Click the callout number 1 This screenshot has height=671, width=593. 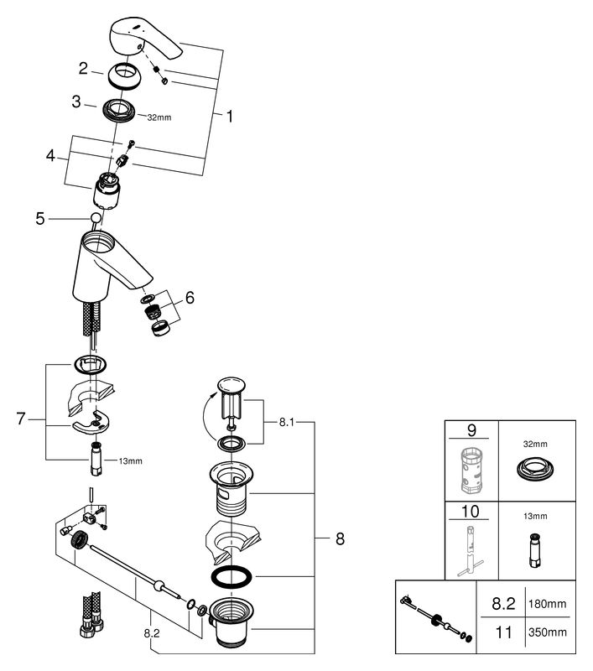pyautogui.click(x=230, y=116)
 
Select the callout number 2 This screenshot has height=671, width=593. pyautogui.click(x=83, y=69)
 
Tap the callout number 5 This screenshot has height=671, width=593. pyautogui.click(x=40, y=219)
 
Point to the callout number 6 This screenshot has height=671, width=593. pyautogui.click(x=190, y=298)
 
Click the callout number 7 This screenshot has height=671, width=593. pyautogui.click(x=21, y=419)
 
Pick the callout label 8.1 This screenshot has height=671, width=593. pyautogui.click(x=287, y=423)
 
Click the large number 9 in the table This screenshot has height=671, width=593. pyautogui.click(x=471, y=429)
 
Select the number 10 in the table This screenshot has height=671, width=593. pyautogui.click(x=470, y=511)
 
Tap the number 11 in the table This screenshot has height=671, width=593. pyautogui.click(x=503, y=632)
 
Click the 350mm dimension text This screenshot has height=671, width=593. pyautogui.click(x=547, y=632)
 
